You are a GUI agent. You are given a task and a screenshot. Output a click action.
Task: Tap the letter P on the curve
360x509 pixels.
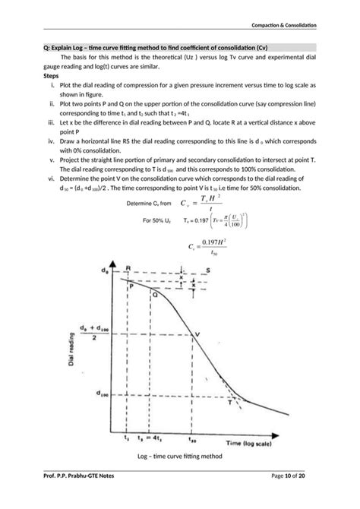(x=131, y=286)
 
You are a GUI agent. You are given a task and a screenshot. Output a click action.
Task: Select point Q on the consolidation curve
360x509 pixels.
(x=155, y=294)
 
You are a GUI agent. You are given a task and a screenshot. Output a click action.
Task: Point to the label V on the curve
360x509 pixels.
(x=198, y=335)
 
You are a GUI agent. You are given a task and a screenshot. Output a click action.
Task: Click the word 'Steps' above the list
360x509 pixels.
(x=52, y=77)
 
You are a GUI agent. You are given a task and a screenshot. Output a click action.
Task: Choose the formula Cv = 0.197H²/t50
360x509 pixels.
(x=207, y=248)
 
